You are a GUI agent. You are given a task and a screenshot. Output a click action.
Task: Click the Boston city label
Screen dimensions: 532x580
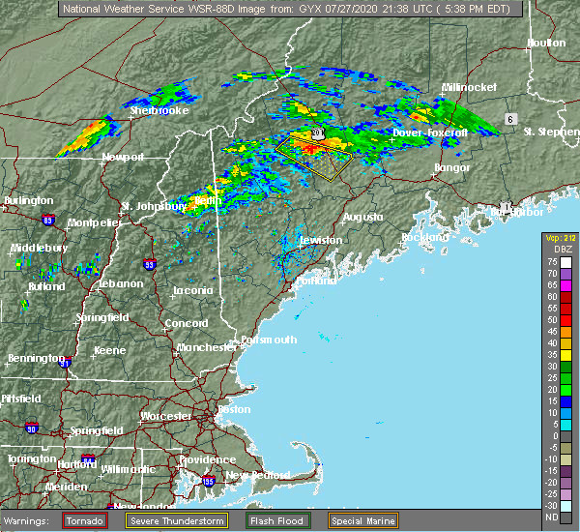click(x=235, y=409)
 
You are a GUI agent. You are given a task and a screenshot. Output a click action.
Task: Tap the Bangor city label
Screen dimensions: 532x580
click(x=452, y=168)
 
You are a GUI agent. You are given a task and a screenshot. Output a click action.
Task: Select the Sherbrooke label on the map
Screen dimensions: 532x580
click(x=159, y=110)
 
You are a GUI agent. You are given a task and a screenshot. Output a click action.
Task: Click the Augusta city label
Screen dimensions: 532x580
click(x=364, y=217)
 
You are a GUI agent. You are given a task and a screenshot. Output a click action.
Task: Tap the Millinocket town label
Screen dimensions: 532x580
click(x=469, y=87)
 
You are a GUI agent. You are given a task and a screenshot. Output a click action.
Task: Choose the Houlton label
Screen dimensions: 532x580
click(x=546, y=44)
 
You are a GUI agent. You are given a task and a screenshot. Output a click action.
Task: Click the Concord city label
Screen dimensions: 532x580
click(x=186, y=323)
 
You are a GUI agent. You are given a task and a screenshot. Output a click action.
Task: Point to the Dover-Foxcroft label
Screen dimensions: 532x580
click(x=430, y=132)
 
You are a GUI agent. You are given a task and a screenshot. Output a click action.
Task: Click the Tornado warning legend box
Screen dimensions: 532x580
click(x=85, y=519)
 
